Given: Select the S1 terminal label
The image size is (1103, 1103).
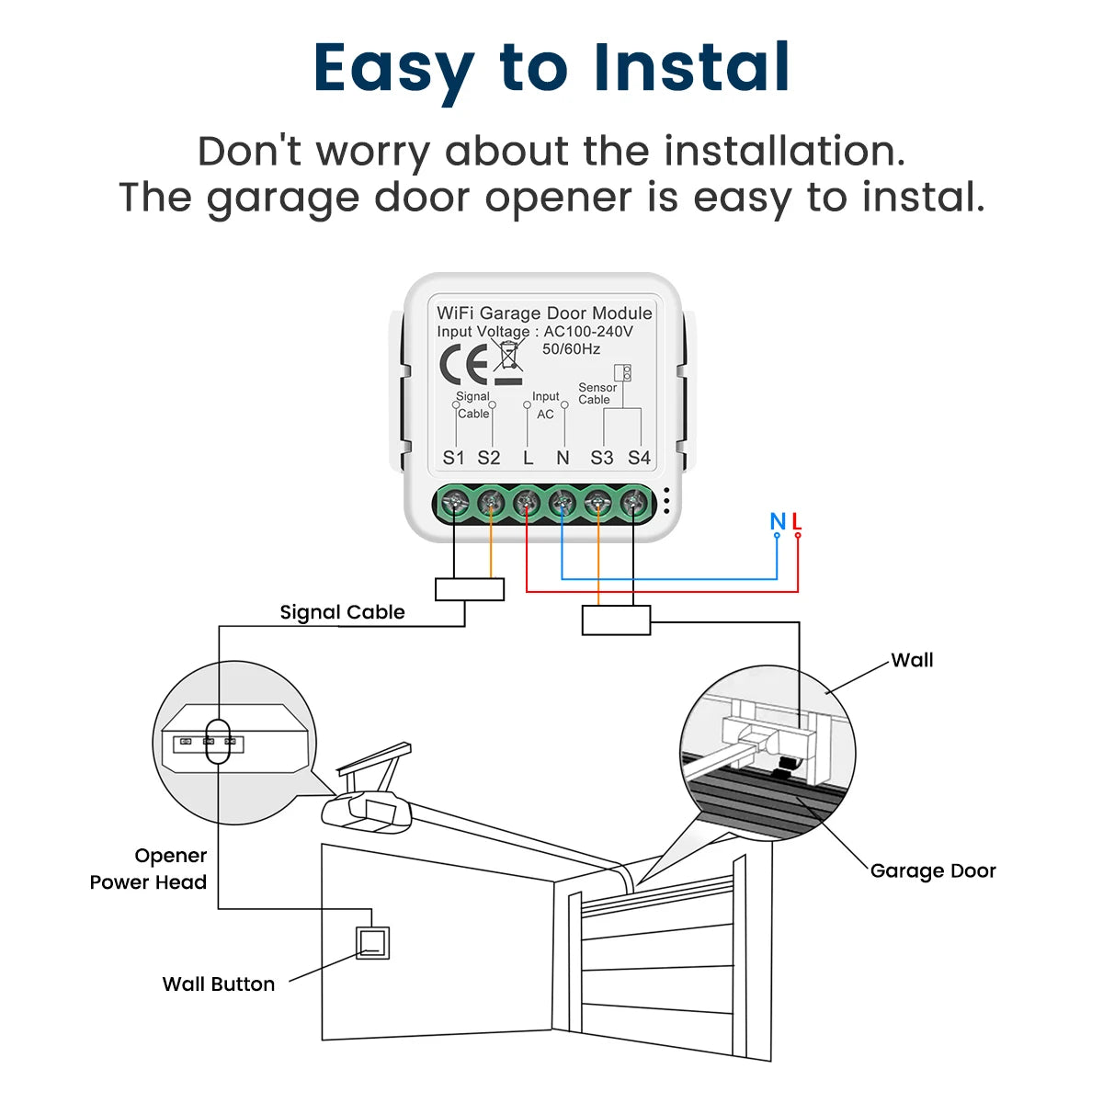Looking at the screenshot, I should coord(453,458).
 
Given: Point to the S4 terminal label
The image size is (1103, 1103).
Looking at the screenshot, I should coord(639,458).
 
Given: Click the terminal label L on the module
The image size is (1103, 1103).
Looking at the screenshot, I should coord(528,458).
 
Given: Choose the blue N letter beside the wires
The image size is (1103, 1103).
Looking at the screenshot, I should coord(778,522).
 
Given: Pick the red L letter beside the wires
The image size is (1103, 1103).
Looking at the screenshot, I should coord(797,522).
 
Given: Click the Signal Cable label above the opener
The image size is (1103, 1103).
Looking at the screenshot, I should coord(342,612).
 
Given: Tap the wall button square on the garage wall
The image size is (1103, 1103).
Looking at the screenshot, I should coord(372,942).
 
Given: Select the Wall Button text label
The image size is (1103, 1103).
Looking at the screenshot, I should coord(219,984).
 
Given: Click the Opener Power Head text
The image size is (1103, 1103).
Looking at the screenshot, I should coord(149,869).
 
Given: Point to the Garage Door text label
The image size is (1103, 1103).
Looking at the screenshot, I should coord(933,870).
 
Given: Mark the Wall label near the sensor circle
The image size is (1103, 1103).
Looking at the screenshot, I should coord(912,660).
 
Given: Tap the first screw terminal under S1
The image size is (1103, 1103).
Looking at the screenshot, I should coord(453,503).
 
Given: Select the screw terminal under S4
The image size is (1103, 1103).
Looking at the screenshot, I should coord(633,503).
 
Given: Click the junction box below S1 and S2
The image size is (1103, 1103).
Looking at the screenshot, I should coord(470,589).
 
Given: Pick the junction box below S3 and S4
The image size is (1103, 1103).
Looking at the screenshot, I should coord(616,620).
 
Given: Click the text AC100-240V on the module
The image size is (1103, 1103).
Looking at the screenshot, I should coord(588,332).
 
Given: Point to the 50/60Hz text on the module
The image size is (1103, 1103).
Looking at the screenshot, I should coord(571,349).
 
